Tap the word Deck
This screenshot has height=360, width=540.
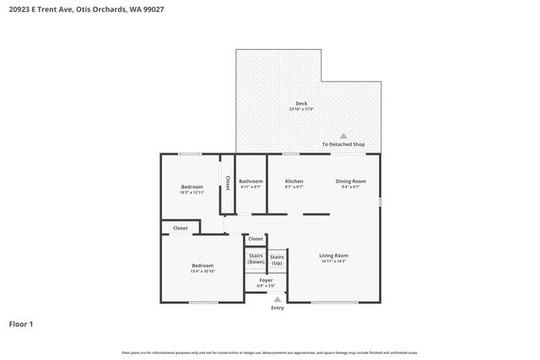pyautogui.click(x=301, y=104)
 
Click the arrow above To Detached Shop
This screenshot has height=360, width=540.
pyautogui.click(x=343, y=136)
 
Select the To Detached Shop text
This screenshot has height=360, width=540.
pyautogui.click(x=343, y=144)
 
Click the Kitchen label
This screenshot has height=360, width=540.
pyautogui.click(x=294, y=181)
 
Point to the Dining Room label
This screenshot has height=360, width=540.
pyautogui.click(x=350, y=181)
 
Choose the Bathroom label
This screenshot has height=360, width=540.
pyautogui.click(x=251, y=181)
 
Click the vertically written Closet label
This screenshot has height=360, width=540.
pyautogui.click(x=227, y=183)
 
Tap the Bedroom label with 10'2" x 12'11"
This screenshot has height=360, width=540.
pyautogui.click(x=192, y=187)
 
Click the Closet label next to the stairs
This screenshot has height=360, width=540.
pyautogui.click(x=256, y=239)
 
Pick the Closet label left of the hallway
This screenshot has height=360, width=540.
pyautogui.click(x=181, y=228)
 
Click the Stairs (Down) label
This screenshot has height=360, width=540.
pyautogui.click(x=256, y=259)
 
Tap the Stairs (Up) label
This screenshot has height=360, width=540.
pyautogui.click(x=277, y=259)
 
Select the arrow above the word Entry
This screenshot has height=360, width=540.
pyautogui.click(x=278, y=298)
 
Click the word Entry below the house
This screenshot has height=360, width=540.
pyautogui.click(x=278, y=308)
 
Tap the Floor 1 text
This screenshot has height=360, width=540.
pyautogui.click(x=21, y=324)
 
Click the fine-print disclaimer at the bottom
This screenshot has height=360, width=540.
pyautogui.click(x=270, y=352)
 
